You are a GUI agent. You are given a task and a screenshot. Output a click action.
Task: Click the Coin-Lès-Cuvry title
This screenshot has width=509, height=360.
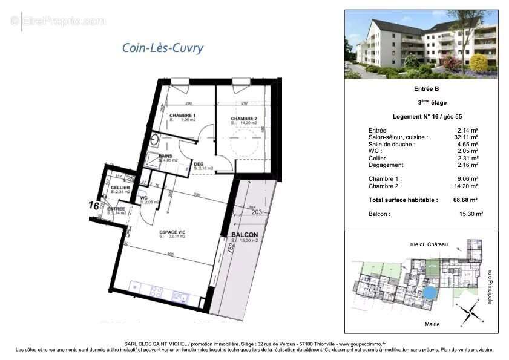pos(163,48)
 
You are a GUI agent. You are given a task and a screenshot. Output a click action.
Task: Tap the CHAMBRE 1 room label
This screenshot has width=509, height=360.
pos(182,115)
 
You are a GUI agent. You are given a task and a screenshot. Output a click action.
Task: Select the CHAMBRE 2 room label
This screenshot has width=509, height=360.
pos(244,118)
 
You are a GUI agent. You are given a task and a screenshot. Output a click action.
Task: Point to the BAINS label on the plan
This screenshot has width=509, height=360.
pos(165,155)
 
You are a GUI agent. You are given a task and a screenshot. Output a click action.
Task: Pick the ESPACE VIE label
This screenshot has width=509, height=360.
pos(172,232)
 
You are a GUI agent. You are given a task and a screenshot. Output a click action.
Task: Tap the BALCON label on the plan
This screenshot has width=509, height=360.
pos(245,235)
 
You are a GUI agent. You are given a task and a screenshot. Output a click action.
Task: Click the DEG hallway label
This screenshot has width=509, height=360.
pos(199,163)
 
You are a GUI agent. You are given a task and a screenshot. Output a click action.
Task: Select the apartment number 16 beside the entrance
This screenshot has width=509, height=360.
pos(94,205)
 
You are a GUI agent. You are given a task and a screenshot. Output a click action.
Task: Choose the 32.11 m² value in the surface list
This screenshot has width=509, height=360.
pos(467,137)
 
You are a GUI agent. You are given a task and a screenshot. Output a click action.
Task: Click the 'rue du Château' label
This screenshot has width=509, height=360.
pos(429,244)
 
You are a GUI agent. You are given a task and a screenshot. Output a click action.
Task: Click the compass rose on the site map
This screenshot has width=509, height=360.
pos(468,312)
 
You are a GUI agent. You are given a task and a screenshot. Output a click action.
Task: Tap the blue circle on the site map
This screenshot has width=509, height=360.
pos(429,293)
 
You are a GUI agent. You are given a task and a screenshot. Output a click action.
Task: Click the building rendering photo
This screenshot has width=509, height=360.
pos(421,44)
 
